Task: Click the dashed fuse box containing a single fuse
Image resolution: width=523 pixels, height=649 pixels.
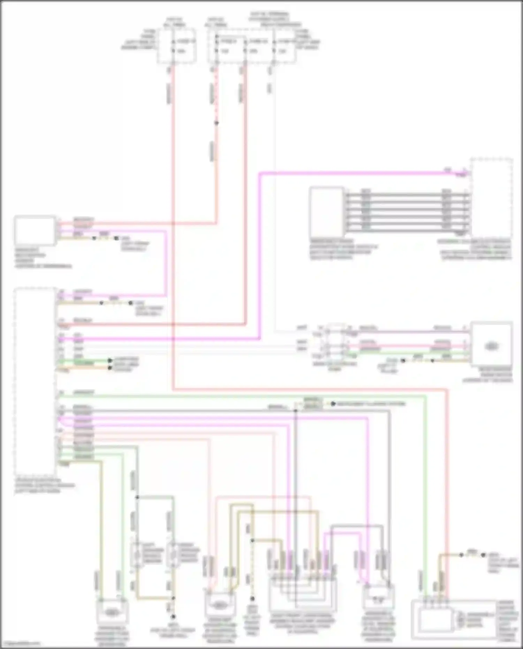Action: tap(176, 46)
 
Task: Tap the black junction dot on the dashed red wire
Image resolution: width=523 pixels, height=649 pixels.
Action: tap(216, 123)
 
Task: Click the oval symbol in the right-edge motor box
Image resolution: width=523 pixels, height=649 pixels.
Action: tap(491, 346)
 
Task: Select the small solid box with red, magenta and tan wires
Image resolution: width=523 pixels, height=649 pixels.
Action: tap(35, 231)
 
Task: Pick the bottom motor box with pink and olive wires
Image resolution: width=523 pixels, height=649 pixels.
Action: tap(220, 605)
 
